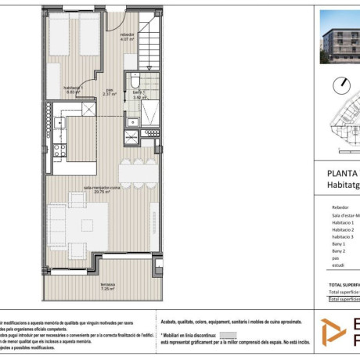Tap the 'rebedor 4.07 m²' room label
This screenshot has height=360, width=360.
127,38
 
